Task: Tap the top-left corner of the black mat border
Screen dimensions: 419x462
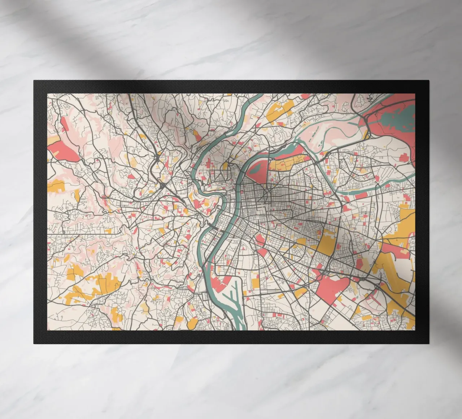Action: click(x=34, y=81)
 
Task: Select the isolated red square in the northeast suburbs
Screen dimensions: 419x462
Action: click(x=404, y=159)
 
